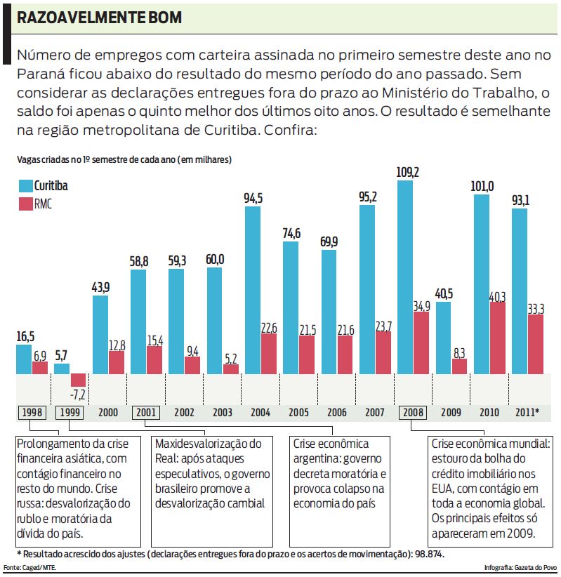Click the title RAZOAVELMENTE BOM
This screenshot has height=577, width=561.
[x=99, y=18]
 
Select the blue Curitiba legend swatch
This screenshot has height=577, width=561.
[x=25, y=186]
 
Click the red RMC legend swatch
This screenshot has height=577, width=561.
[x=25, y=204]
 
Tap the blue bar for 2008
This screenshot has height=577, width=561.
[x=405, y=277]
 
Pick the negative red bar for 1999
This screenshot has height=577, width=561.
[x=78, y=380]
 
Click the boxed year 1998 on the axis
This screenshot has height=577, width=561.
[x=32, y=413]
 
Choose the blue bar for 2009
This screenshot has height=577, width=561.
[x=443, y=337]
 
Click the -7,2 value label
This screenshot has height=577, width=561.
[x=78, y=394]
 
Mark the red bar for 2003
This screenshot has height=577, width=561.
[x=231, y=369]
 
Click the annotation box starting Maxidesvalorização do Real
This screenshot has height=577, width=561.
[x=212, y=474]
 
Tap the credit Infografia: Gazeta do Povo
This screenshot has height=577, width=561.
[x=520, y=567]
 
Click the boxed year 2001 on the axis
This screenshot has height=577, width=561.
[x=147, y=413]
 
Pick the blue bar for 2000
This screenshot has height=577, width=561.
[x=100, y=334]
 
